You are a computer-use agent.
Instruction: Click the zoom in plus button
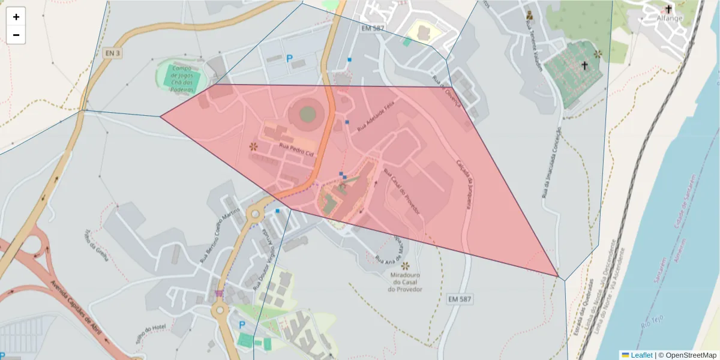tap(16, 17)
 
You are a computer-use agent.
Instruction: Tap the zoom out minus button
tap(16, 35)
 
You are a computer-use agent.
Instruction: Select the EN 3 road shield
tap(112, 53)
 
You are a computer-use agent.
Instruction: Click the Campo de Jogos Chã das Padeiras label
tap(183, 79)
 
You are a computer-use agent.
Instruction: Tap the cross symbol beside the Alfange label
tap(668, 9)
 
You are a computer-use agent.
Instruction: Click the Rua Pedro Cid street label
tap(296, 149)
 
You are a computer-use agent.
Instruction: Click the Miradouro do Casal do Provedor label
tap(406, 282)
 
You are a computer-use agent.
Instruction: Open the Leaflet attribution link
tap(641, 355)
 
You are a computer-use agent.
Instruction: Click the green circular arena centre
tap(307, 113)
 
